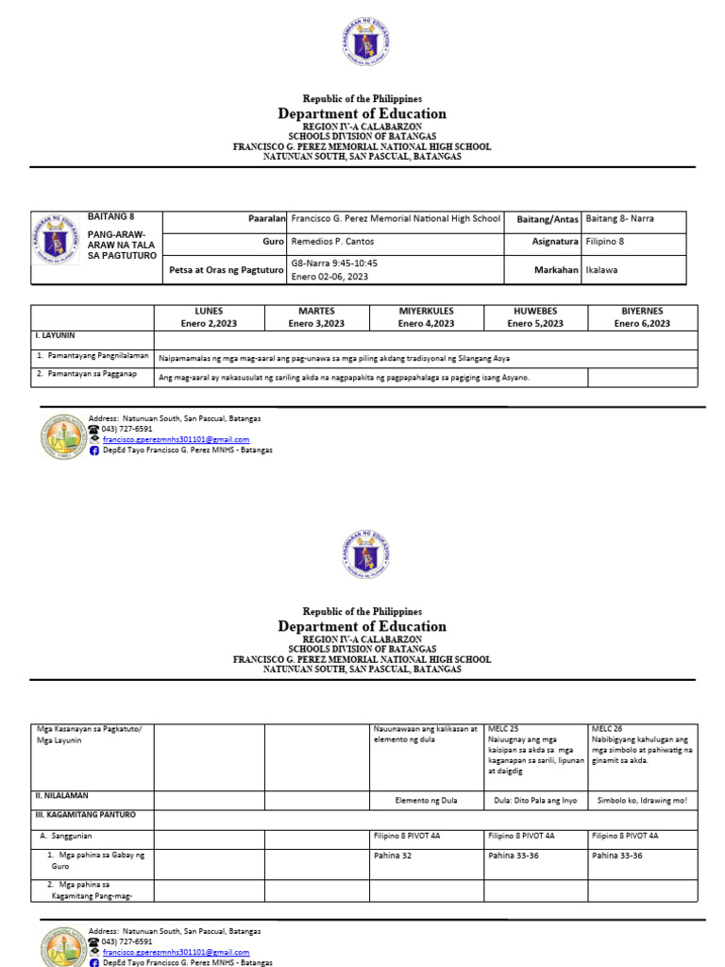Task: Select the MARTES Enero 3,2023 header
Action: tap(316, 316)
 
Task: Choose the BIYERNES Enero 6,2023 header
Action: tap(642, 316)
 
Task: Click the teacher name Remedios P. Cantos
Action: tap(332, 242)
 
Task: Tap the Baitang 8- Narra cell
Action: tap(619, 218)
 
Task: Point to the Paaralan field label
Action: tap(266, 218)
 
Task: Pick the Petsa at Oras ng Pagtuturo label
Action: tap(226, 269)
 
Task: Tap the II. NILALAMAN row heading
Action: tap(61, 796)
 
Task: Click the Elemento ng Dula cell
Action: tap(425, 800)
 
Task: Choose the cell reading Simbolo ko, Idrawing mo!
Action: tap(642, 800)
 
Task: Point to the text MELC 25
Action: tap(503, 729)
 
